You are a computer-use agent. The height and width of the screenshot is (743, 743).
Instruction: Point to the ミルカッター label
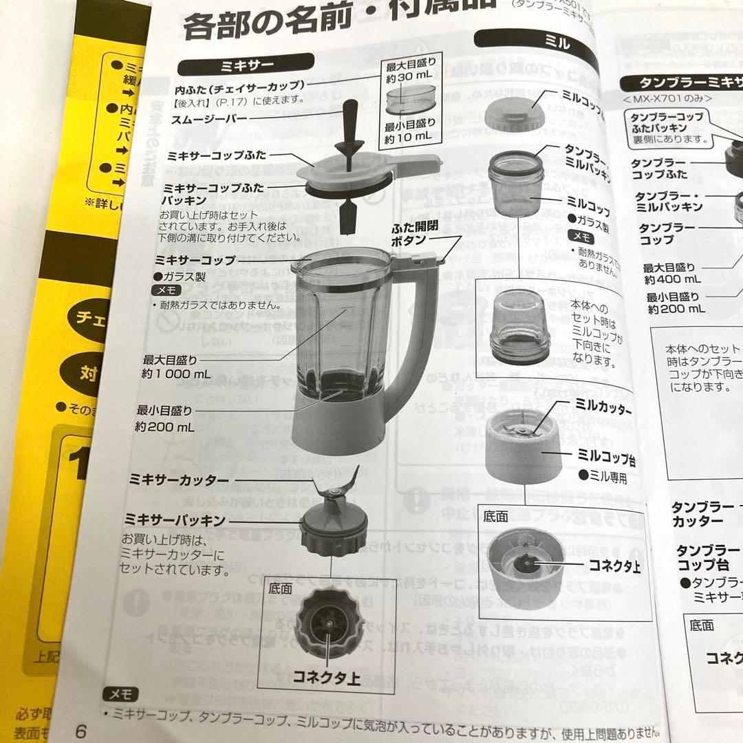[596, 409]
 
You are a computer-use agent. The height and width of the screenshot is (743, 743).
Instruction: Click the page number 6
[80, 731]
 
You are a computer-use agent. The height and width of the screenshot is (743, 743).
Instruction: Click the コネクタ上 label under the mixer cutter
[327, 678]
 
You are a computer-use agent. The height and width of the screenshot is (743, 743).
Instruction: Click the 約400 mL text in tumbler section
[671, 279]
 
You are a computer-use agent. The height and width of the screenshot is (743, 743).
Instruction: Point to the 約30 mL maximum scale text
[408, 78]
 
